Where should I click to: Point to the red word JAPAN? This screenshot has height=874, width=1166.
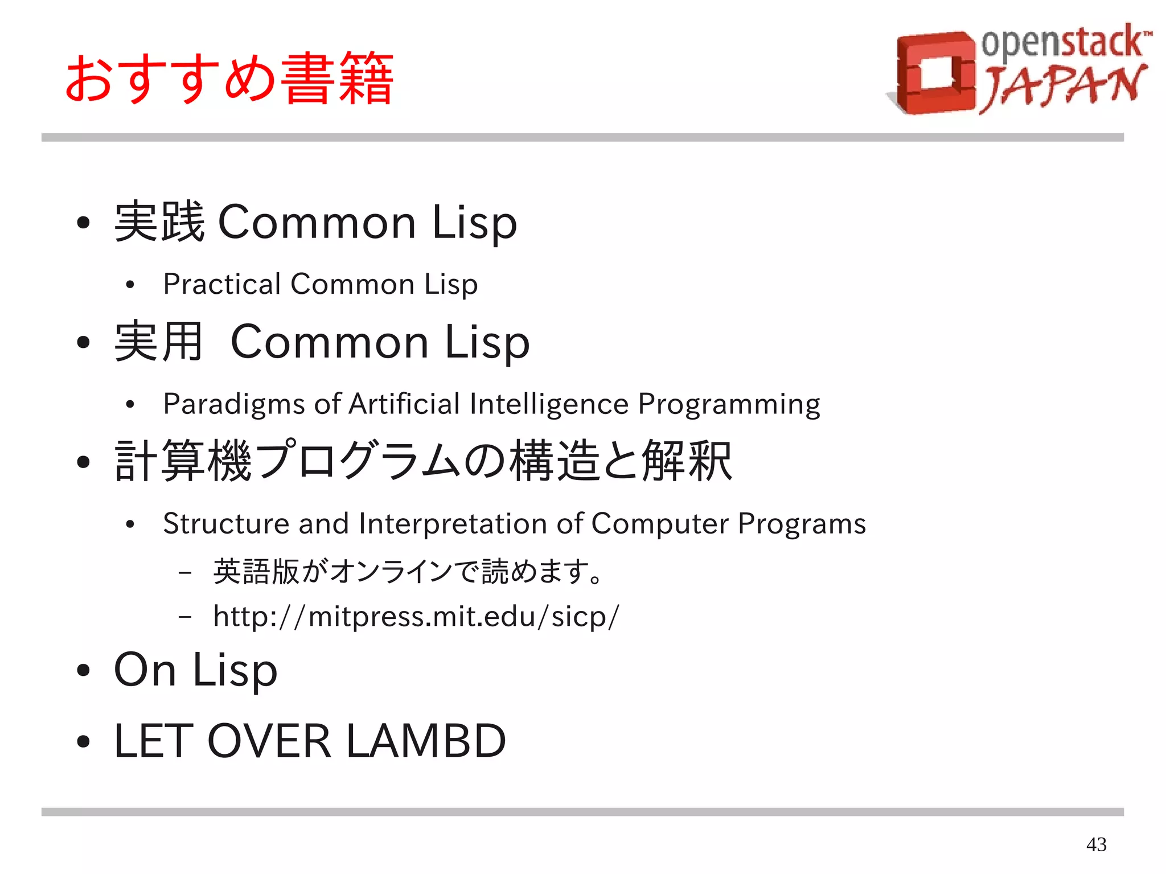[x=1062, y=87]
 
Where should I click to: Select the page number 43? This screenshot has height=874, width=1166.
[x=1096, y=844]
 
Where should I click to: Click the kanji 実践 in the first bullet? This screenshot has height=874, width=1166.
[x=159, y=222]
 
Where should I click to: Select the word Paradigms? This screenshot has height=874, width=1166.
[x=234, y=404]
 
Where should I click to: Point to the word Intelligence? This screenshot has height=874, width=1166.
[x=549, y=404]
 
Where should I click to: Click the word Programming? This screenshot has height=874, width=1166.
[x=729, y=404]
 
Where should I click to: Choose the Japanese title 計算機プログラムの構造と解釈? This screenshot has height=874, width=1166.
[x=423, y=461]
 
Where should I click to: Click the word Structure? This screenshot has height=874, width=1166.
[x=226, y=523]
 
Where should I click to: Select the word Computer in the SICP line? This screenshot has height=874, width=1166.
[x=660, y=524]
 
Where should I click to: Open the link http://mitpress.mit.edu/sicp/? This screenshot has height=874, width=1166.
[x=416, y=617]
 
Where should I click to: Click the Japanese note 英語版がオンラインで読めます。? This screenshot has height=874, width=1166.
[x=408, y=572]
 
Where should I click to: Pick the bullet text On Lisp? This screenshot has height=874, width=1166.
[x=195, y=670]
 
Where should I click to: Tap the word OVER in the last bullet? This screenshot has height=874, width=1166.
[x=269, y=741]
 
